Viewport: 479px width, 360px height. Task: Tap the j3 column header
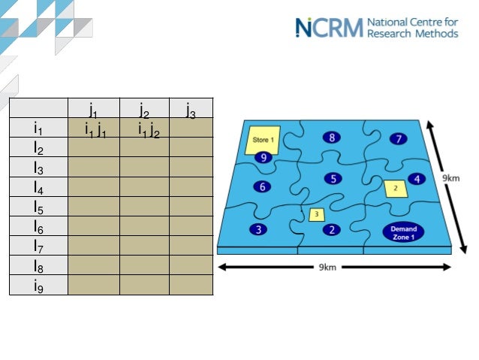191,110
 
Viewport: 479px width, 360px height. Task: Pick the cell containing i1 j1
95,129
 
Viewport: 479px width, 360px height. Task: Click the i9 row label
38,285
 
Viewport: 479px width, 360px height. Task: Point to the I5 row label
38,207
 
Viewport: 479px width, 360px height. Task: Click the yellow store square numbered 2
395,188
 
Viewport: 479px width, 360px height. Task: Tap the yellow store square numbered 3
317,214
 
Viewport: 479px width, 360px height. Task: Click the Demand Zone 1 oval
403,232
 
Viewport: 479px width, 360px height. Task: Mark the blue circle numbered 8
332,137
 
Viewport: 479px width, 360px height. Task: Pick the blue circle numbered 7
399,138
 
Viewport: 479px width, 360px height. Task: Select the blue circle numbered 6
261,186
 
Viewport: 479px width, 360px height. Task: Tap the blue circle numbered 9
261,157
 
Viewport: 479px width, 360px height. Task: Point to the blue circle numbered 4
417,179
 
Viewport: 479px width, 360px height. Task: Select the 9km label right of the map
450,177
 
